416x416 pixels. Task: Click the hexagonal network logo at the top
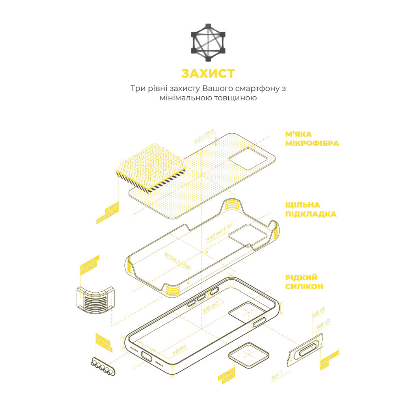click(x=208, y=42)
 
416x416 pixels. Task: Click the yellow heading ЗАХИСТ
click(x=208, y=73)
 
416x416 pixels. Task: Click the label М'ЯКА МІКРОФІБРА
click(x=312, y=138)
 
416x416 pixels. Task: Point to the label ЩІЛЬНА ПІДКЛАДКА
click(x=311, y=210)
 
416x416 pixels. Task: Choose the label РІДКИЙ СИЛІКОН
click(x=304, y=282)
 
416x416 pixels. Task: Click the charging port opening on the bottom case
click(x=147, y=357)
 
